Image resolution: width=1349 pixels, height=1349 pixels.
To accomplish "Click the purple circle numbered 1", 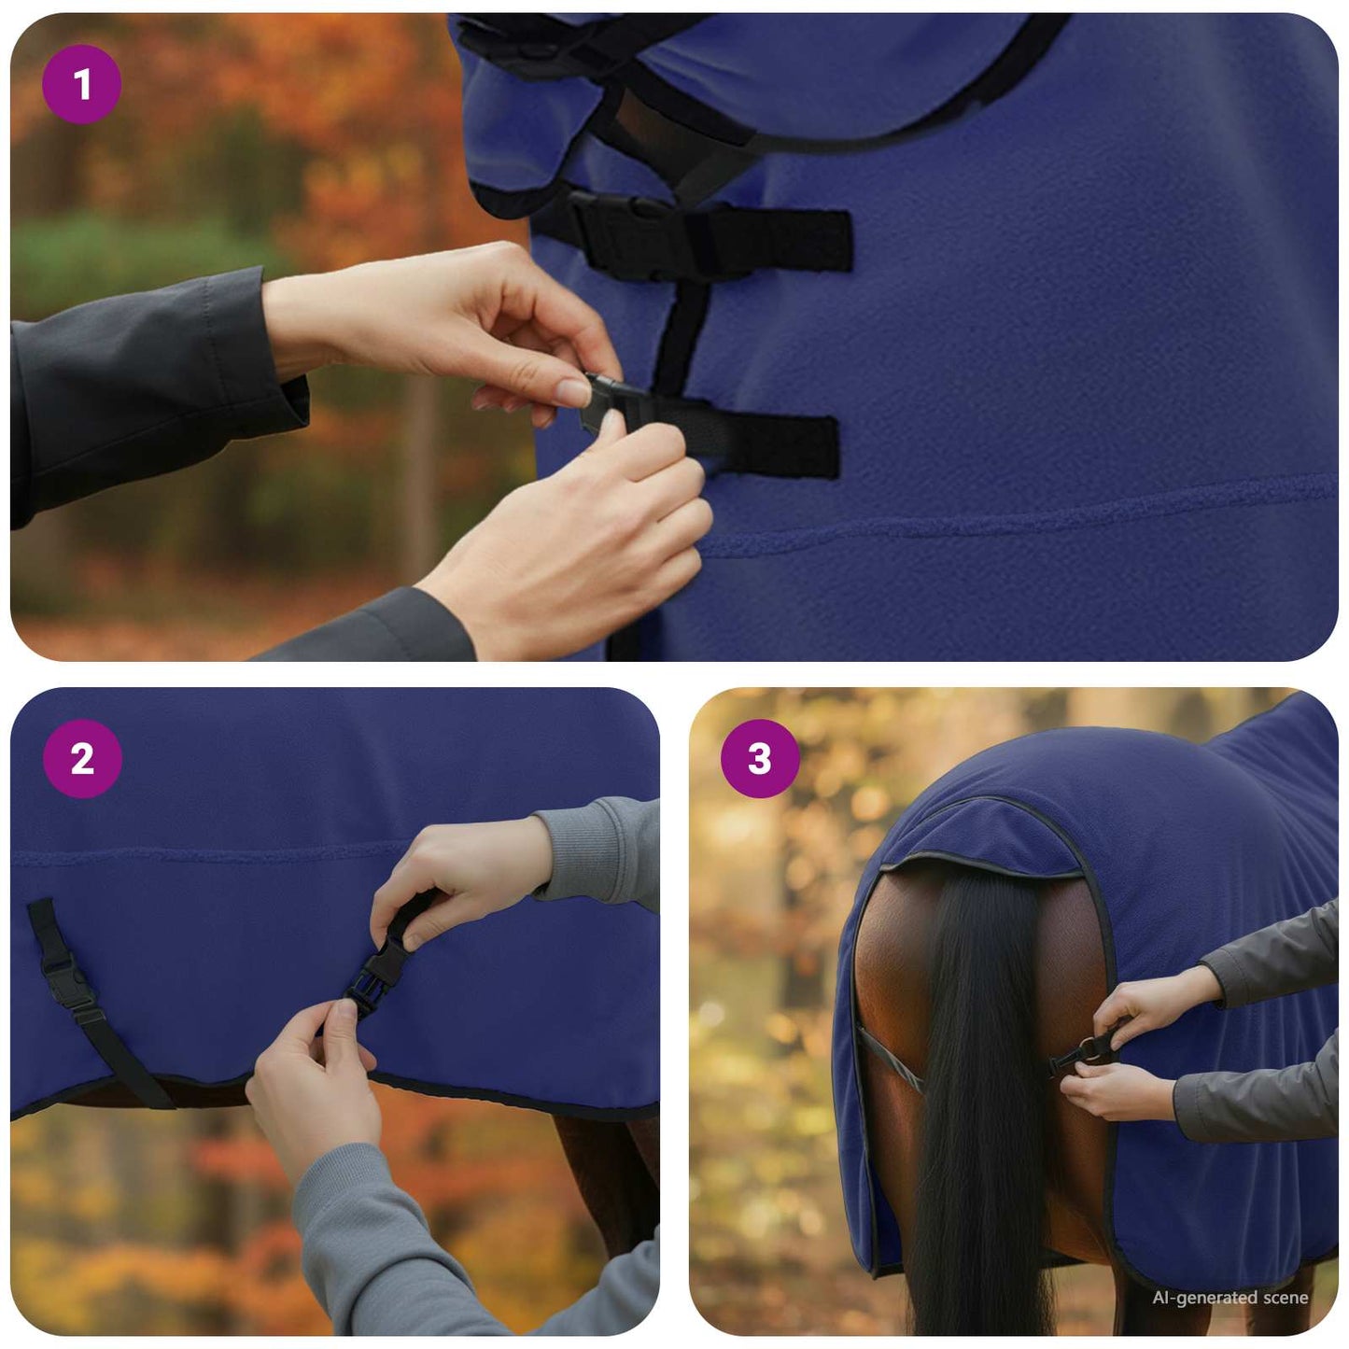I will (x=81, y=85).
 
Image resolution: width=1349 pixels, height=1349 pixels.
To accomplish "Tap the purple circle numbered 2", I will (x=82, y=758).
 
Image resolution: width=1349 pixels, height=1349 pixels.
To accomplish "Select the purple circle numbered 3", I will (x=760, y=758).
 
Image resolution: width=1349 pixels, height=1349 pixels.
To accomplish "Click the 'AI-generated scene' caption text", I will (x=1230, y=1298).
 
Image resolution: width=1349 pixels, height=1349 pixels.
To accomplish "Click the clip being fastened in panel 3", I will (x=1083, y=1053).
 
